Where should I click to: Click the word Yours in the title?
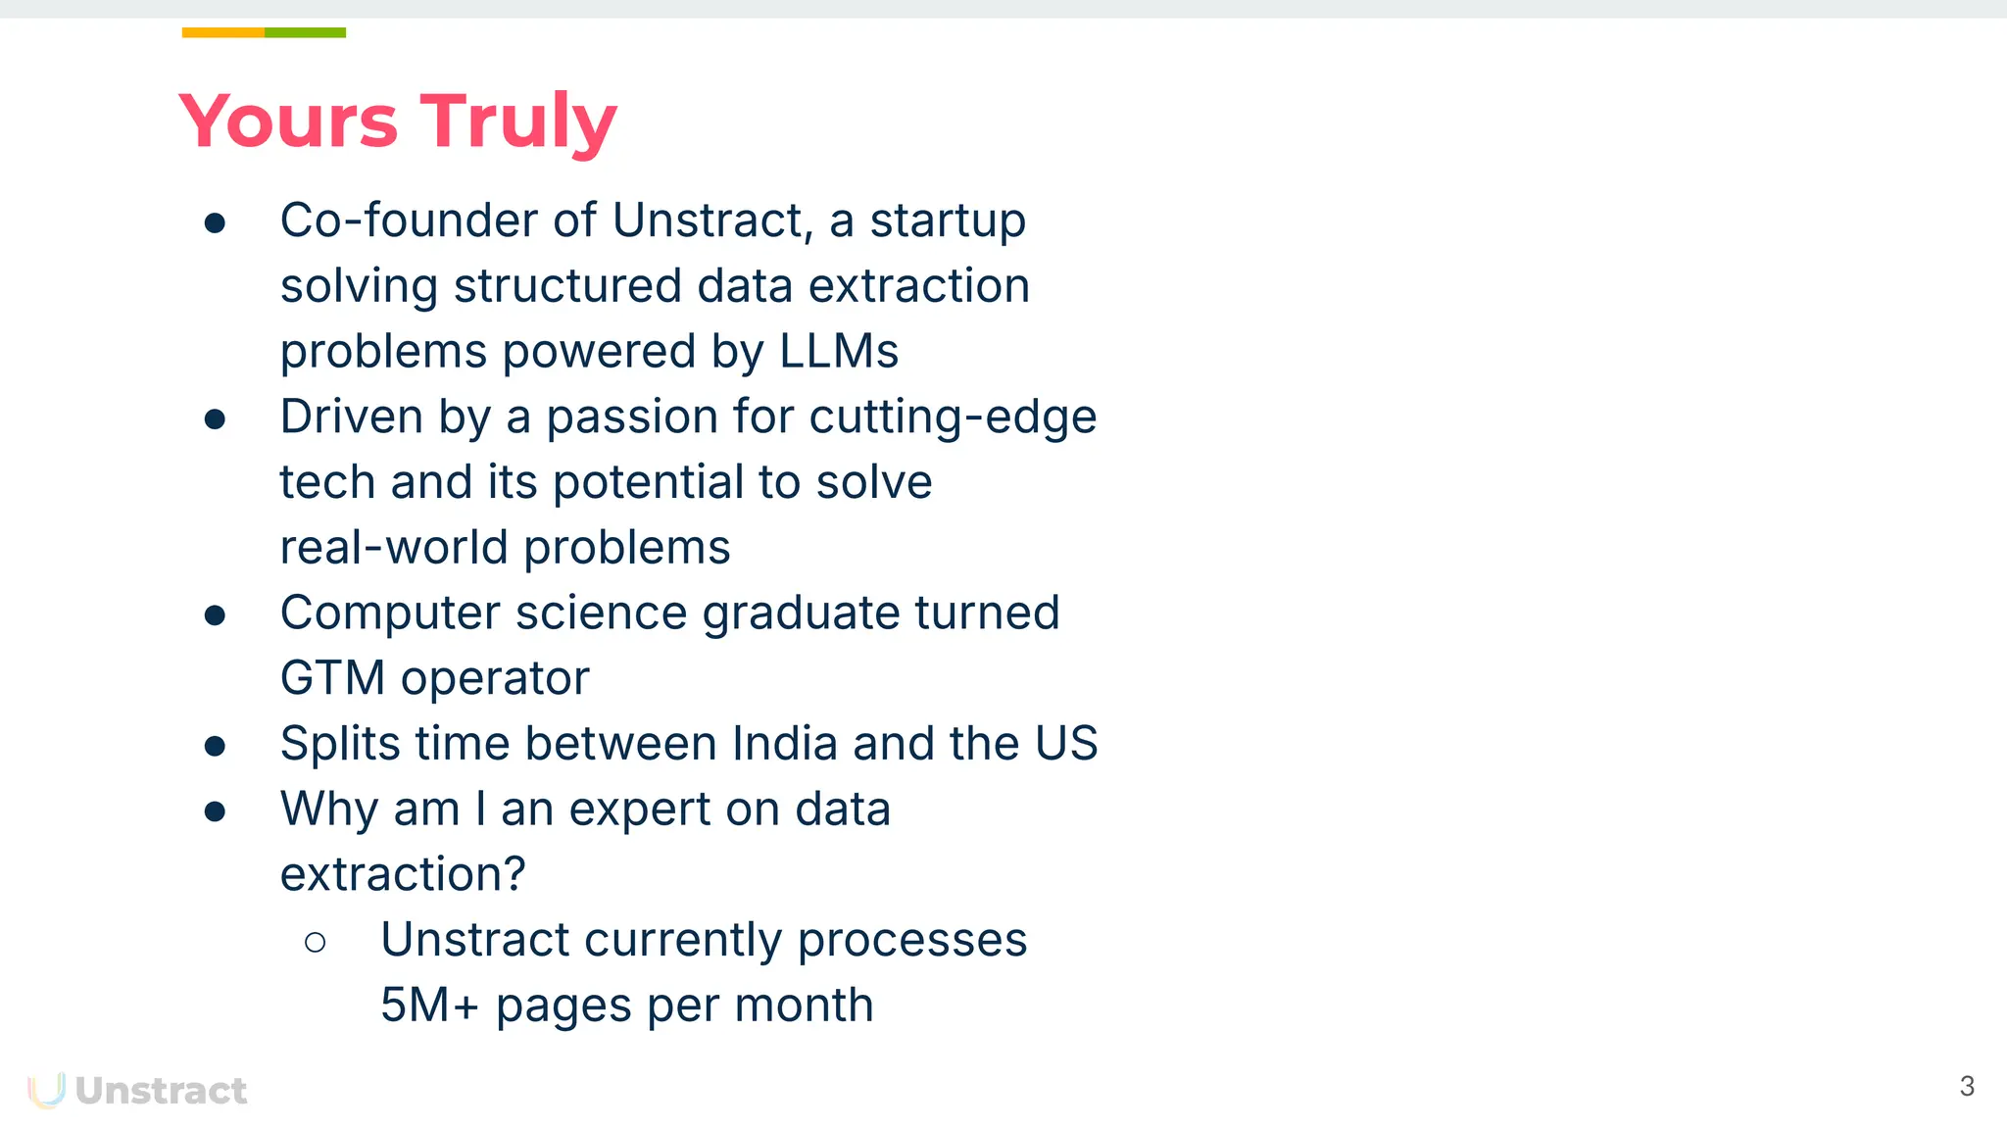(288, 122)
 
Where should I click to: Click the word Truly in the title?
(518, 122)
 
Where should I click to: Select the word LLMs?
(839, 351)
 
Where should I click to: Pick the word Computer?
(390, 614)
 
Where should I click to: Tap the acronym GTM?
(332, 678)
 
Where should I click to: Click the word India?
(785, 743)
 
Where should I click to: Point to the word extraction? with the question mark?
(403, 874)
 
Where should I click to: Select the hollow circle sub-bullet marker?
(316, 943)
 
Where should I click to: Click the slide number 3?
(1966, 1086)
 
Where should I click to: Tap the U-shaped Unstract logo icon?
(46, 1090)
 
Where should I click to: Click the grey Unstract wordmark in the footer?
(161, 1091)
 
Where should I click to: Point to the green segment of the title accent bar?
(305, 32)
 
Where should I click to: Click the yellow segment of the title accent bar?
(222, 32)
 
